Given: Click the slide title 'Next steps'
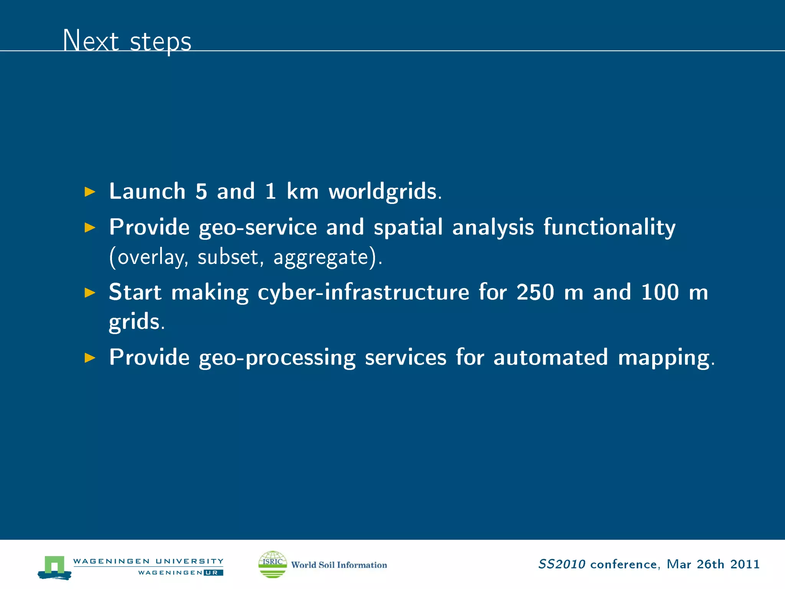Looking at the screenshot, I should click(x=127, y=41).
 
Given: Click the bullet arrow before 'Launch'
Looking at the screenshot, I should click(x=90, y=192).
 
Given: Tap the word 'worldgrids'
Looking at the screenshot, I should click(x=383, y=191).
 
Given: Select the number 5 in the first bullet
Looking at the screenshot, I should click(x=201, y=191).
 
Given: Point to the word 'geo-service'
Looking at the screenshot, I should click(x=258, y=227).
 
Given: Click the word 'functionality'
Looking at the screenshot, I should click(x=609, y=227).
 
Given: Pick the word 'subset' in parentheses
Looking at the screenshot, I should click(x=228, y=257).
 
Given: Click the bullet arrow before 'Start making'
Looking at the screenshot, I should click(x=90, y=293).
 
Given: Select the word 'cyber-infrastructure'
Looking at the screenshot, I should click(x=363, y=292).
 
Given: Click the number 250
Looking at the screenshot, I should click(x=535, y=292).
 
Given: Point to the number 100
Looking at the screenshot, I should click(x=660, y=292).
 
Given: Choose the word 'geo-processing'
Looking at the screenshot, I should click(x=277, y=358).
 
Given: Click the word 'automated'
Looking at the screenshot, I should click(x=550, y=357).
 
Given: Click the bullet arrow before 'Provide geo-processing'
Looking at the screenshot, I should click(x=90, y=358).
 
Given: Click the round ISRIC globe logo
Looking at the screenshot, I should click(x=273, y=564).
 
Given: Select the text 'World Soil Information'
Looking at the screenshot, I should click(x=339, y=565).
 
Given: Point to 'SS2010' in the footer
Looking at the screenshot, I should click(x=562, y=564).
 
